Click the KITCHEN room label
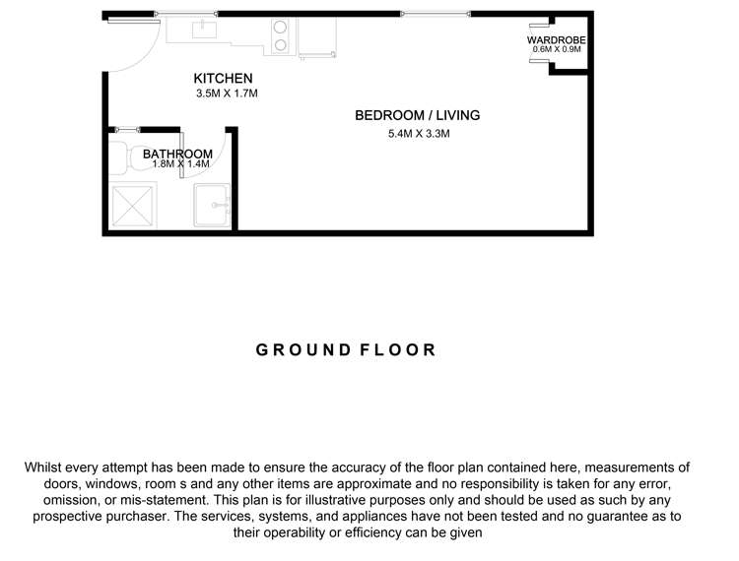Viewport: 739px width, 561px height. [223, 79]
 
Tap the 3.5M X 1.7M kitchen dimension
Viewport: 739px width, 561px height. [226, 94]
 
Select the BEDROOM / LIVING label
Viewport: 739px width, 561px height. [417, 115]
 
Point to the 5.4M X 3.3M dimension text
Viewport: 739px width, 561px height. [419, 134]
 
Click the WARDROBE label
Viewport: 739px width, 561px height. [558, 39]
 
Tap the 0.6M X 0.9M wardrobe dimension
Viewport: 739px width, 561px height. [558, 49]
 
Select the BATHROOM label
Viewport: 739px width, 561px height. [177, 155]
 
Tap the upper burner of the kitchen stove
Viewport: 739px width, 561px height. [281, 28]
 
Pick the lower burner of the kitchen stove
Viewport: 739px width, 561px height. [281, 44]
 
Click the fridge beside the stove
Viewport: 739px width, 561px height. [317, 35]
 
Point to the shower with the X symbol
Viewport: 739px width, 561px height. [131, 206]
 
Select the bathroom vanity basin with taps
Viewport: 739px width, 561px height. [212, 206]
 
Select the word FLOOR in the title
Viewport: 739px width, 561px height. [398, 350]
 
